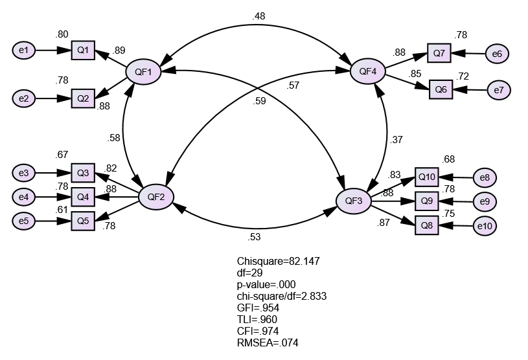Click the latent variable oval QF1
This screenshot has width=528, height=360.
(x=143, y=72)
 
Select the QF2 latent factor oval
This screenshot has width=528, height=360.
(x=155, y=196)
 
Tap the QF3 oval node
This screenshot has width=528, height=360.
(x=353, y=201)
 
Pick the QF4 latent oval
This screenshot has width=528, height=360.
(x=367, y=71)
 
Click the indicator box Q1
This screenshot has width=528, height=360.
(x=83, y=49)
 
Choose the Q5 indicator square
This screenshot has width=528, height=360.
(x=82, y=221)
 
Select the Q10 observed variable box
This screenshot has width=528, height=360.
(x=426, y=177)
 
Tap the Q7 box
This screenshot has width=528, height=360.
(x=439, y=53)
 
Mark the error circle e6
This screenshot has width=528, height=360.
(x=497, y=54)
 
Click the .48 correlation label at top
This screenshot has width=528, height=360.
(x=260, y=16)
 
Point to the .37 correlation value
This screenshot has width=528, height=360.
(x=398, y=140)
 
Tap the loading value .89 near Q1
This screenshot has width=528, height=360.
(x=119, y=50)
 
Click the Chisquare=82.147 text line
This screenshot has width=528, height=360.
(x=279, y=261)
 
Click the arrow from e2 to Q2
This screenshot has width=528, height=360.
(x=53, y=98)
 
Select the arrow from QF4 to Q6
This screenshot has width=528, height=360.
(x=407, y=81)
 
